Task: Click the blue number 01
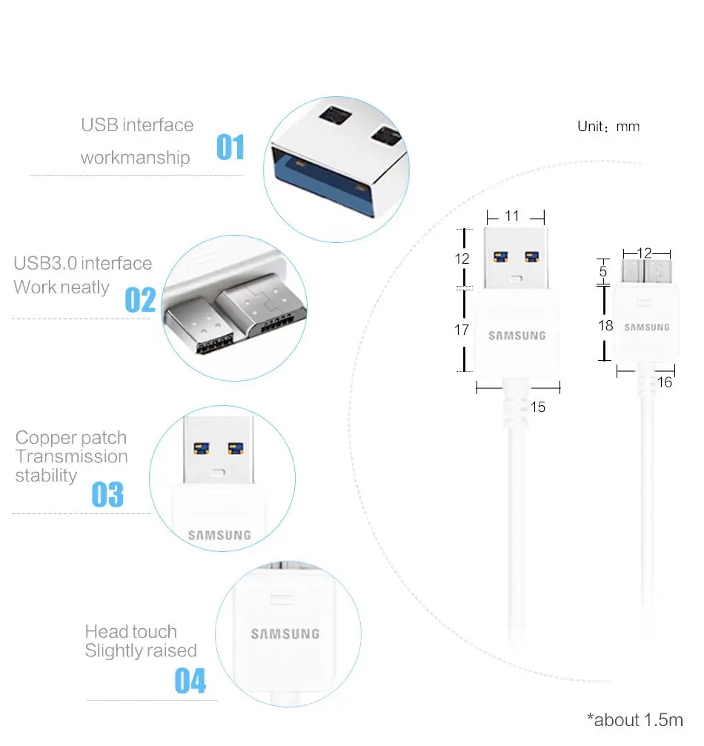tap(230, 147)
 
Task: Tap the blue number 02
tap(140, 300)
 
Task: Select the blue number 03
tap(107, 494)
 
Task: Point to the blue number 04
tap(190, 681)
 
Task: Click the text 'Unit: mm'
tap(608, 127)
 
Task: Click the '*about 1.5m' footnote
tap(634, 719)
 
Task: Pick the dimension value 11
tap(511, 216)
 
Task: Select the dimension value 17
tap(462, 330)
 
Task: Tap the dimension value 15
tap(538, 407)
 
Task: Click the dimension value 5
tap(603, 272)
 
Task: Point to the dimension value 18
tap(605, 325)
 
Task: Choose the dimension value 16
tap(665, 382)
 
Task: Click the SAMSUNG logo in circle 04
tap(285, 634)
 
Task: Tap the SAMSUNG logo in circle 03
tap(219, 535)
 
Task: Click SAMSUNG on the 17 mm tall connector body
tap(517, 336)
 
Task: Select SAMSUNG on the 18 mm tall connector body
tap(646, 327)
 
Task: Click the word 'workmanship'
tap(135, 158)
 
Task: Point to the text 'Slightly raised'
tap(141, 651)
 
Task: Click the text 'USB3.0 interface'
tap(83, 264)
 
